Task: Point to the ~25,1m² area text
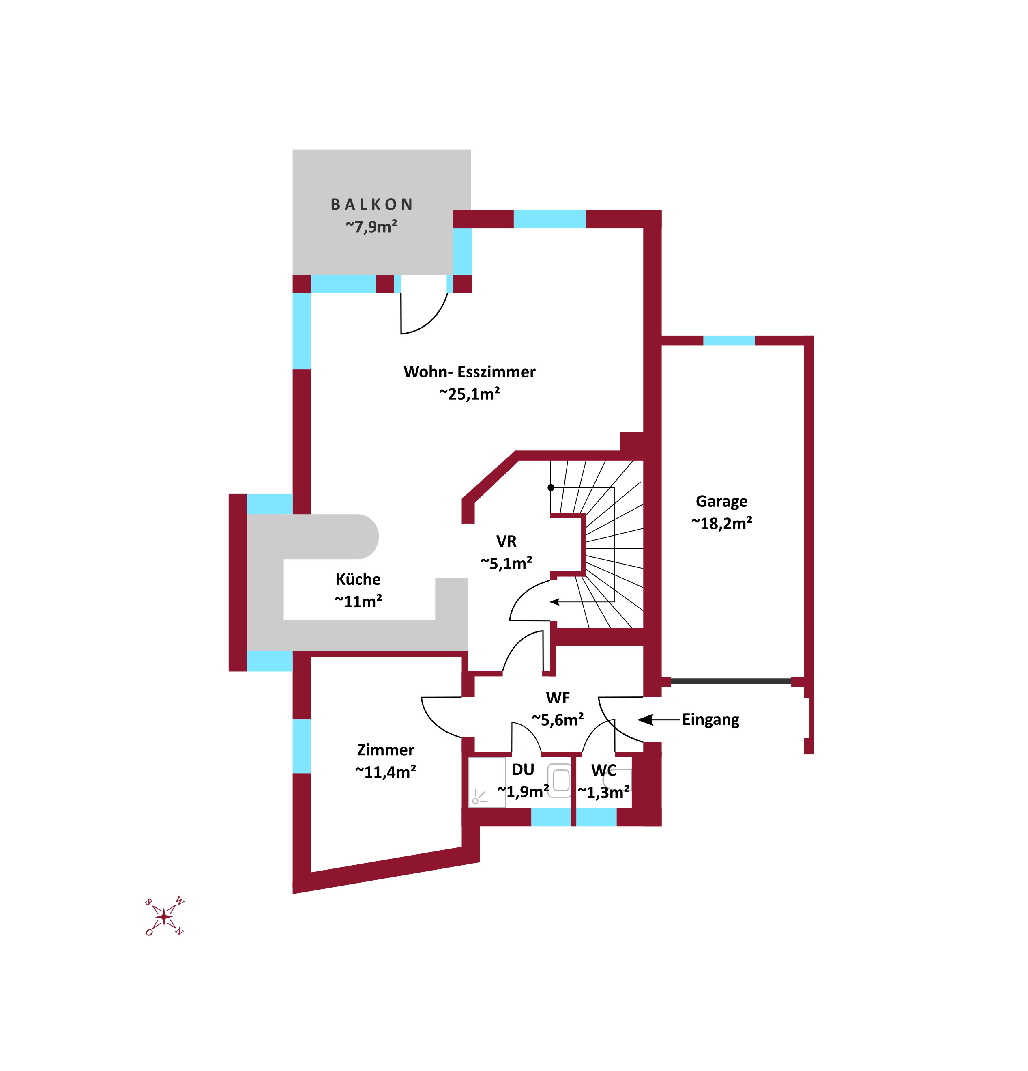pyautogui.click(x=470, y=394)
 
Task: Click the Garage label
pyautogui.click(x=721, y=502)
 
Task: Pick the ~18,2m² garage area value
pyautogui.click(x=721, y=524)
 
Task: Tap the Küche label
pyautogui.click(x=358, y=579)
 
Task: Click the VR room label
pyautogui.click(x=506, y=541)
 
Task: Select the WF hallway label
pyautogui.click(x=558, y=698)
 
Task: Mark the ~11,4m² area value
pyautogui.click(x=385, y=772)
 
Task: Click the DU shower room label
pyautogui.click(x=523, y=769)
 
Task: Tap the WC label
pyautogui.click(x=604, y=770)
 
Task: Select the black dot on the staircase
pyautogui.click(x=551, y=487)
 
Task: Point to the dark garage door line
pyautogui.click(x=730, y=681)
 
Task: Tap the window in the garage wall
pyautogui.click(x=729, y=340)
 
